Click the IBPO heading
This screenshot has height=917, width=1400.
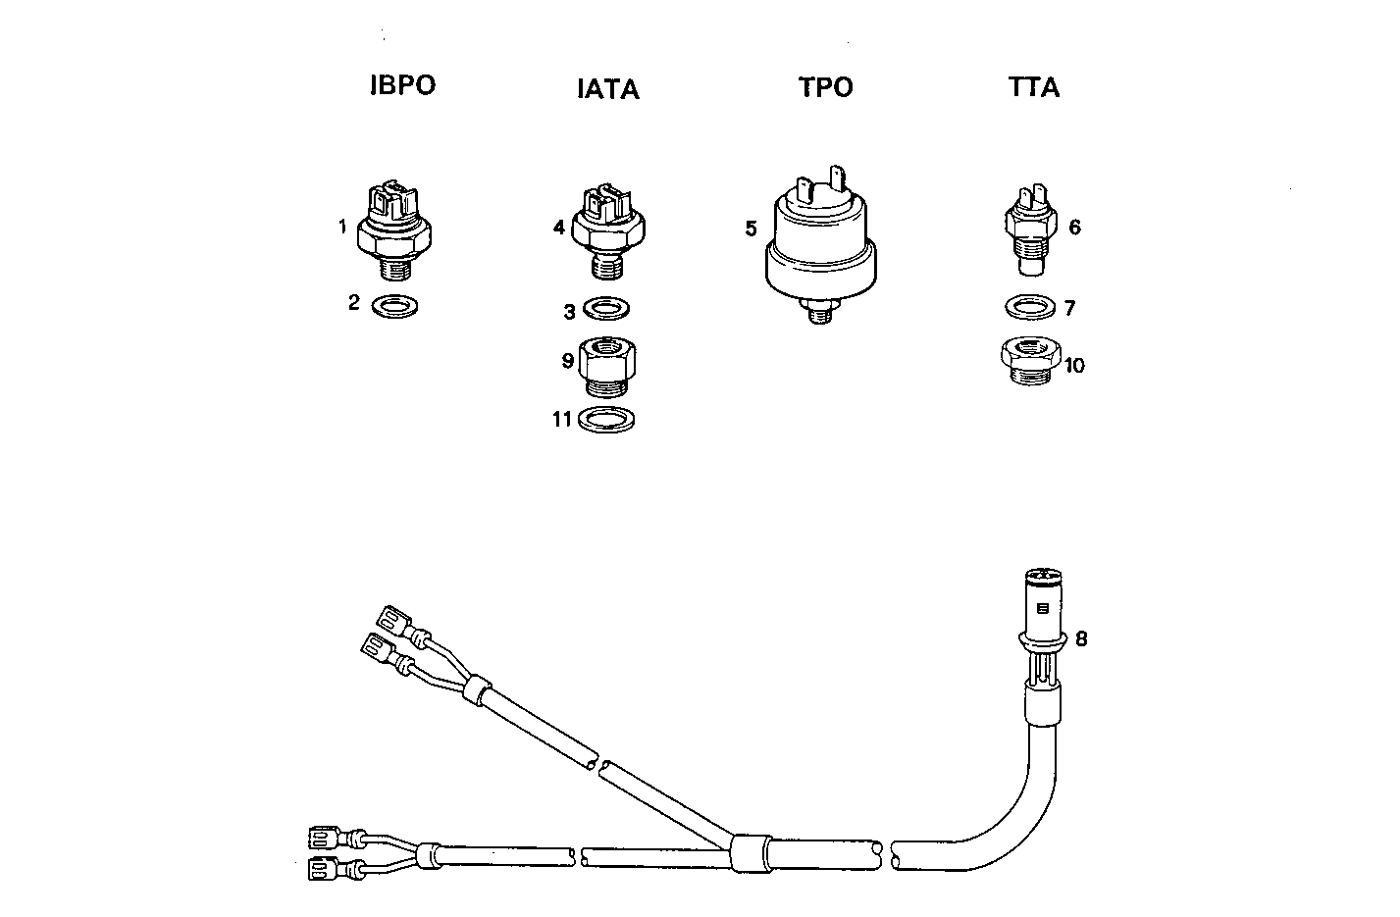click(x=402, y=85)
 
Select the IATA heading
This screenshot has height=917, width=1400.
click(x=607, y=89)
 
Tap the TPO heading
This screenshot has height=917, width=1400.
click(x=825, y=87)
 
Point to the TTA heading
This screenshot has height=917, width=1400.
click(x=1033, y=87)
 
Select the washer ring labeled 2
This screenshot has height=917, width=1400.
click(x=395, y=306)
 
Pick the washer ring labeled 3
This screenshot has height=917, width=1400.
click(x=606, y=309)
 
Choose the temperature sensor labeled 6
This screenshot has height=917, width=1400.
click(x=1028, y=230)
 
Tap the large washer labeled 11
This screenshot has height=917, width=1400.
click(x=605, y=420)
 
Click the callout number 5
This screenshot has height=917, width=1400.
click(x=751, y=229)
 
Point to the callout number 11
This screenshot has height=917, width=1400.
click(x=561, y=420)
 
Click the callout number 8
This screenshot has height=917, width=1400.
click(x=1081, y=639)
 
